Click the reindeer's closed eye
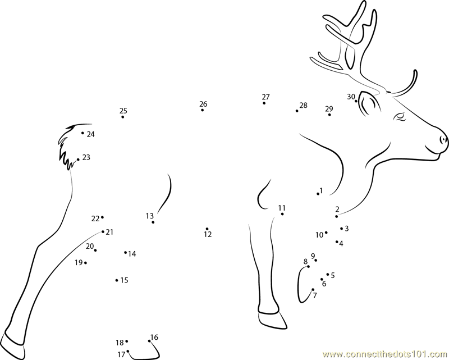(x=400, y=117)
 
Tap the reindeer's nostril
(x=443, y=140)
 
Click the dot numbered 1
(x=318, y=194)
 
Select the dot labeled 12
(x=207, y=229)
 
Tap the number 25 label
(x=123, y=111)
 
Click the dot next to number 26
(x=203, y=110)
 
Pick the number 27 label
(x=265, y=97)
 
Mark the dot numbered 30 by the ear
(x=356, y=101)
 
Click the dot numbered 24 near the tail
(x=83, y=133)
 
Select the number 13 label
(x=149, y=216)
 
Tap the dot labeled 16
(x=149, y=341)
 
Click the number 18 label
(x=120, y=343)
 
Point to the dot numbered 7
(x=313, y=289)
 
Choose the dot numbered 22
(x=102, y=217)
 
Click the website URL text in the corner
(x=386, y=354)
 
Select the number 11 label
(x=282, y=208)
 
